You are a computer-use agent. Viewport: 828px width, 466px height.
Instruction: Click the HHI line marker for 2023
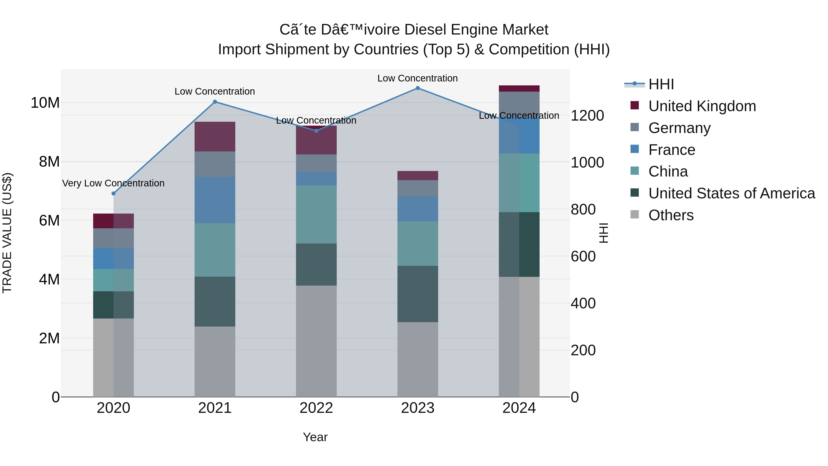tap(417, 88)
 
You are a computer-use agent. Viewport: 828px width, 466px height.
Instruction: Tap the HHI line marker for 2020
tap(113, 193)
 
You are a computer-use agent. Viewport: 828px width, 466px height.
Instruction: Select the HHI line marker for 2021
tap(215, 102)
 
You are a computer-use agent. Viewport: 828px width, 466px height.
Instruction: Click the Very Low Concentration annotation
tap(113, 183)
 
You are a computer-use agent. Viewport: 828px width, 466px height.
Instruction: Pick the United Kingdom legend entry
tap(702, 106)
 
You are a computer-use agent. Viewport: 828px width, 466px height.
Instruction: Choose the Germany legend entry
tap(679, 128)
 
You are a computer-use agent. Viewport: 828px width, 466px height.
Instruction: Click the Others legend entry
tap(671, 215)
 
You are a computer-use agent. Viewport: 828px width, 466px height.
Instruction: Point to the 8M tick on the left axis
tap(49, 162)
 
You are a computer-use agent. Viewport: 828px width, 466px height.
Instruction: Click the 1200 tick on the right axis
tap(587, 116)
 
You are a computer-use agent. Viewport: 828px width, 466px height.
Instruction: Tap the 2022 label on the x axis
tap(316, 408)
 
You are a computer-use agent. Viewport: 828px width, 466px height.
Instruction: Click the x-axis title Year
tap(315, 437)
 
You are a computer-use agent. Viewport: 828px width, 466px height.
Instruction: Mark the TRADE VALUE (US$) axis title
tap(7, 233)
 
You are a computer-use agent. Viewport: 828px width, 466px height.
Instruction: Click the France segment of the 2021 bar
tap(215, 200)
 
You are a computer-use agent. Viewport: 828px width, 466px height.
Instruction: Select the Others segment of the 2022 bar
tap(316, 341)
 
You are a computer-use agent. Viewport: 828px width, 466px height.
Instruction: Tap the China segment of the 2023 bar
tap(417, 243)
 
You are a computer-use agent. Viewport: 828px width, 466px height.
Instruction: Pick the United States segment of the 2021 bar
tap(215, 301)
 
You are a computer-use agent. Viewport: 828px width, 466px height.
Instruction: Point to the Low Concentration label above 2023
tap(417, 78)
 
